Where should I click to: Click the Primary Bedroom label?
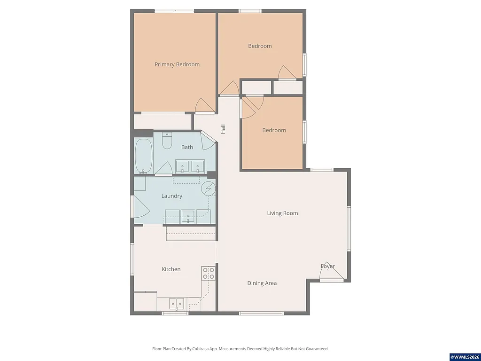coord(177,64)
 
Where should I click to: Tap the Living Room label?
coord(282,213)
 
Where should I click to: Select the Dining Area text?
coord(262,283)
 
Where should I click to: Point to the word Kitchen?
coord(171,269)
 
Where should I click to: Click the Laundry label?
coord(171,196)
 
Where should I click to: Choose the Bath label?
coord(187,147)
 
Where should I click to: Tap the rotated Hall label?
coord(223,129)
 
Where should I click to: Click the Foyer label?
coord(327,266)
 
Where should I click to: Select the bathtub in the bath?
coord(144,156)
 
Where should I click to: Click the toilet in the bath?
coord(167,141)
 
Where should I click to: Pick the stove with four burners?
coord(208,273)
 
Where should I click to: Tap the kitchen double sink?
coord(177,304)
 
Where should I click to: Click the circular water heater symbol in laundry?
coord(207,189)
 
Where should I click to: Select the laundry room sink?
coord(188,217)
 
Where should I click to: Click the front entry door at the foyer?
coord(333,275)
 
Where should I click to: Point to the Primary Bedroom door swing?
coord(204,106)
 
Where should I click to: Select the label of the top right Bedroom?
coord(260,46)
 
